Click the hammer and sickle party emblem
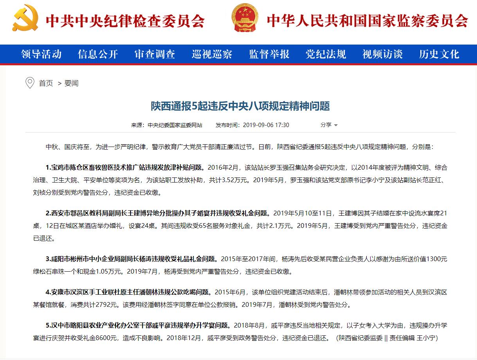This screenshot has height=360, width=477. pos(25,18)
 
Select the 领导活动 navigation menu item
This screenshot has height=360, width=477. pos(41,54)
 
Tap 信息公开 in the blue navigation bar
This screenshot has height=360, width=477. pos(98,54)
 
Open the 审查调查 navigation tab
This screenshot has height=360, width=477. pos(155,54)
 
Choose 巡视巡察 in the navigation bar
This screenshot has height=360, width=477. pos(212,54)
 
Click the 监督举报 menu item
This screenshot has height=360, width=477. pos(269,54)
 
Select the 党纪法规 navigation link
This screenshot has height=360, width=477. pos(326,54)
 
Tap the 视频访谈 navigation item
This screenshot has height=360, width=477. pos(382,54)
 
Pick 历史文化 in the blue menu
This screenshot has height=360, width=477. pos(439,54)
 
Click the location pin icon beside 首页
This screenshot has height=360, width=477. pos(30,83)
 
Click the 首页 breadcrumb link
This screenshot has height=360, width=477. pos(46,83)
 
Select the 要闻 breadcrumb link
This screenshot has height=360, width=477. pos(72,83)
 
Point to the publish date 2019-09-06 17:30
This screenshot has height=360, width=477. pos(266,125)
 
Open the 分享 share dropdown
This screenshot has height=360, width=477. pos(329,125)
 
